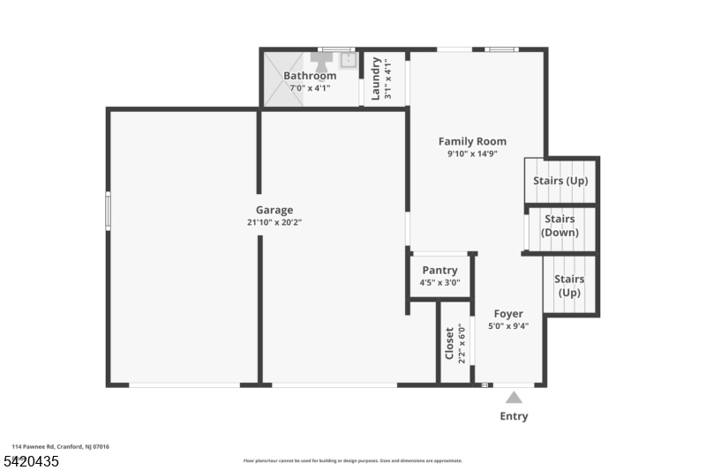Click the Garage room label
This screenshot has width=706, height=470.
coord(274,210)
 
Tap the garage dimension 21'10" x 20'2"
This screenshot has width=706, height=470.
coord(274,223)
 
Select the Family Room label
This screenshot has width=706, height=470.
coord(472,141)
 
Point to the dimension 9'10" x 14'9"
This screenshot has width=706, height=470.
coord(472,154)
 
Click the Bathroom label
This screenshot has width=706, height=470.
coord(309,76)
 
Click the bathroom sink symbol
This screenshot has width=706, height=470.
coord(348,60)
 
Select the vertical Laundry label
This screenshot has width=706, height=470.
coord(376,78)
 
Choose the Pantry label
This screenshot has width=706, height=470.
coord(439,270)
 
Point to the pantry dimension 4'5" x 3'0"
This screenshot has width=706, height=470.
coord(439,283)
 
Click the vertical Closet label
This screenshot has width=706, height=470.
coord(449,343)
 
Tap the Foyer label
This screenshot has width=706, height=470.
coord(508,313)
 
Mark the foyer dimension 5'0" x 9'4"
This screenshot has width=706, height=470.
coord(508,325)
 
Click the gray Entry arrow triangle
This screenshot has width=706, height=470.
coord(514,398)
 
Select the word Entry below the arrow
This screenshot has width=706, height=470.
coord(514,416)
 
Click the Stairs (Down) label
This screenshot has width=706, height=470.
coord(560,226)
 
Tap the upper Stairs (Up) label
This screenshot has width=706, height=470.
coord(560,182)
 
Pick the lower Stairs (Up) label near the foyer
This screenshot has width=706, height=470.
coord(568,286)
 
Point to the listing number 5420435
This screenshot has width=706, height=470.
coord(31,460)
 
